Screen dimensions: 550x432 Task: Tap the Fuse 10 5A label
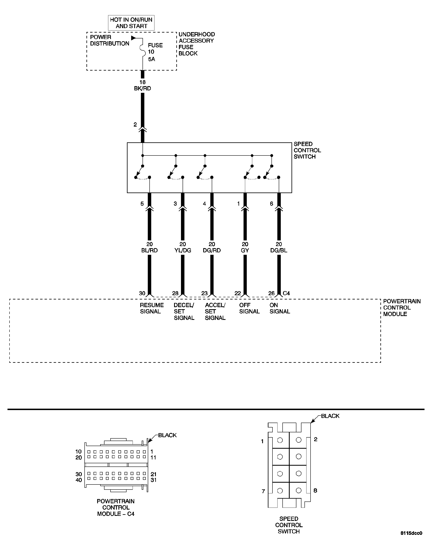coord(155,52)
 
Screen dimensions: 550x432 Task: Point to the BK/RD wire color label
coord(142,88)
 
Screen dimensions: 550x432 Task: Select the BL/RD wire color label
coord(149,250)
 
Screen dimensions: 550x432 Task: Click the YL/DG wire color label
coord(183,250)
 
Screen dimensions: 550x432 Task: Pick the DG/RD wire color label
coord(212,250)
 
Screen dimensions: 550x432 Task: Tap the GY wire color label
coord(245,250)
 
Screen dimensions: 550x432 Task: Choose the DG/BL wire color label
coord(279,250)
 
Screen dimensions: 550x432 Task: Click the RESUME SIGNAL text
coord(152,308)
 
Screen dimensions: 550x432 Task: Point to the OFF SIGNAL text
coord(249,308)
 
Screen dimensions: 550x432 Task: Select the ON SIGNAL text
coord(280,308)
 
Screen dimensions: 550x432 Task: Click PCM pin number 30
coord(142,293)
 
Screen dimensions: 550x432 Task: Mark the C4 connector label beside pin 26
coord(286,293)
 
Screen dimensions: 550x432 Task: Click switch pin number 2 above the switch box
coord(135,125)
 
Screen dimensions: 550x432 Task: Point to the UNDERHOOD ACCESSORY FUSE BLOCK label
coord(197,44)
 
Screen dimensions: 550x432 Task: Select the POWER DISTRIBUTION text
coord(110,40)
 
